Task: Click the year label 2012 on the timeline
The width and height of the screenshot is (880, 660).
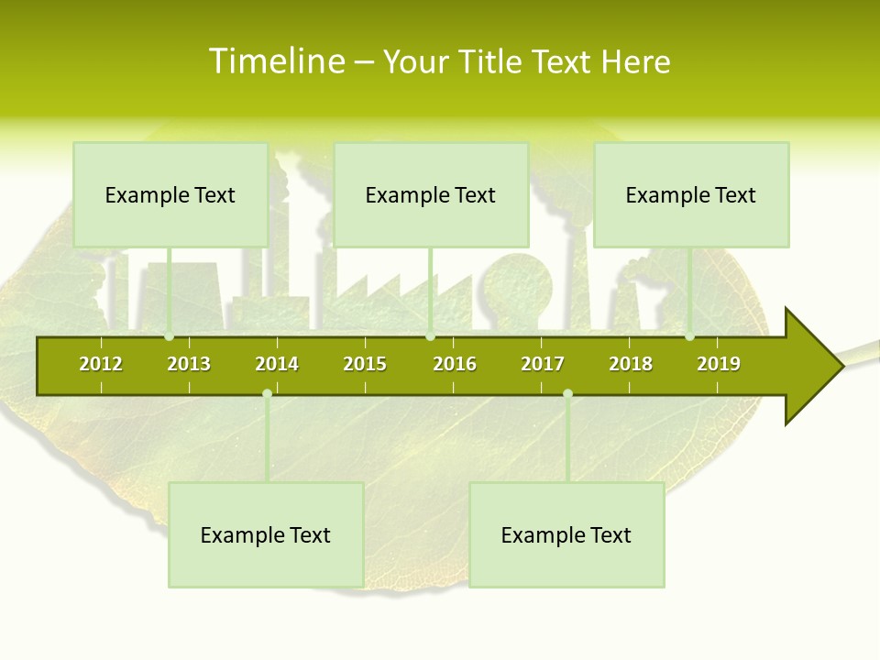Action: (101, 364)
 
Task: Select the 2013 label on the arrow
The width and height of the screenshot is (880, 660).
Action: (189, 364)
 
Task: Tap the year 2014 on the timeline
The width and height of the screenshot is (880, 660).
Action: (277, 364)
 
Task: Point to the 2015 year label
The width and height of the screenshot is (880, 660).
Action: (365, 364)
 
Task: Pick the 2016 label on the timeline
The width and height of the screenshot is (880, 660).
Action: (455, 364)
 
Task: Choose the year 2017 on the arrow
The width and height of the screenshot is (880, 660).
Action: (543, 364)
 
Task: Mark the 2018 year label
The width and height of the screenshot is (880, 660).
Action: (631, 364)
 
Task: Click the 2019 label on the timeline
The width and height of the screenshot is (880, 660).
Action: (719, 364)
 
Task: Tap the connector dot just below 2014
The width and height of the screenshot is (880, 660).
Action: (267, 394)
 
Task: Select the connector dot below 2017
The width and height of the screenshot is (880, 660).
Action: (567, 394)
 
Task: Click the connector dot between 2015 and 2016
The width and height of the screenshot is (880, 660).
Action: (430, 336)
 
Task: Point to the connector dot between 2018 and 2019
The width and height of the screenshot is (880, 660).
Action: (690, 336)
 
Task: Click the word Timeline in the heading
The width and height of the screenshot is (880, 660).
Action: (276, 61)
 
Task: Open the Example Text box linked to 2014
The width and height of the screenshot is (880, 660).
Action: (266, 535)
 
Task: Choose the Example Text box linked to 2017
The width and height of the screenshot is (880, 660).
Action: (566, 535)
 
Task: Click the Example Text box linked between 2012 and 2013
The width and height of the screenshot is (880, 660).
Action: (170, 195)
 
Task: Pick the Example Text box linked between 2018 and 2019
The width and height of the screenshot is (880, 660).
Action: (691, 195)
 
